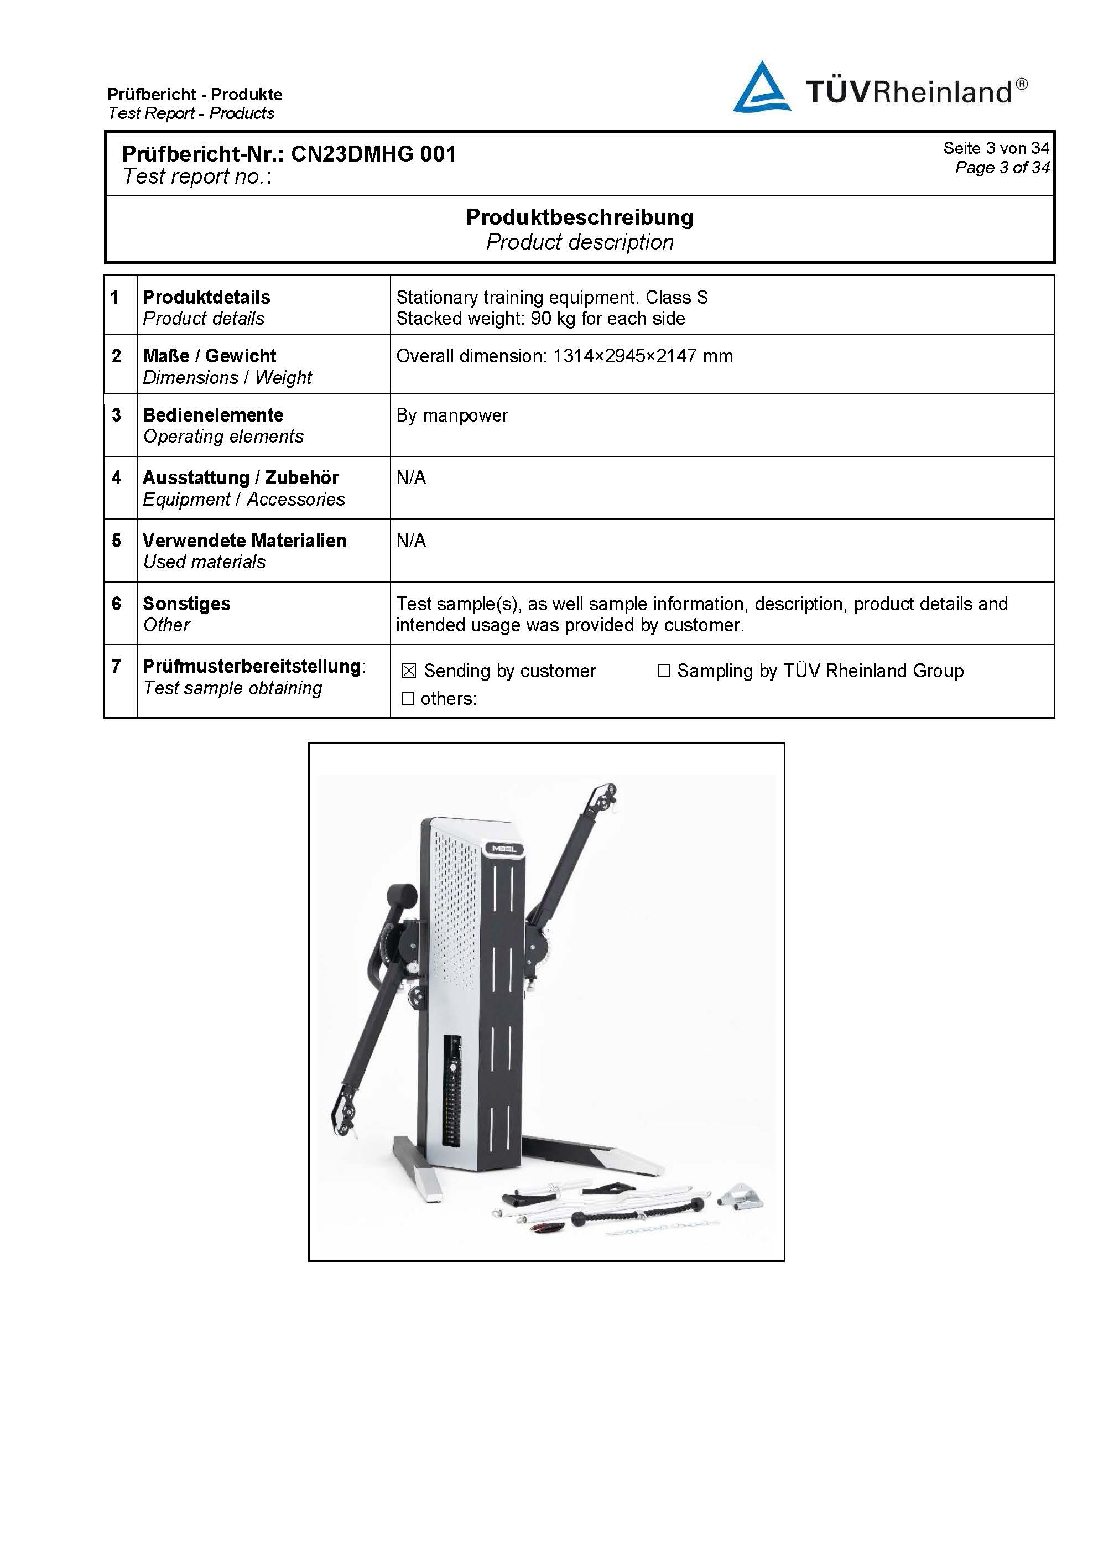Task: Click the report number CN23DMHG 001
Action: pos(373,154)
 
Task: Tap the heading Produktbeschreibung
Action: pos(580,217)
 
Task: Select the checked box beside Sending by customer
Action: pos(409,671)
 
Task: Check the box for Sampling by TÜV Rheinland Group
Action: pos(664,671)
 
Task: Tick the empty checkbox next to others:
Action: pos(408,698)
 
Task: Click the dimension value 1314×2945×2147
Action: pos(624,356)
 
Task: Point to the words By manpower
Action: pos(452,415)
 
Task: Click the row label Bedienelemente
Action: pos(213,414)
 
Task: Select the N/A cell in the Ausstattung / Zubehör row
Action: pos(411,477)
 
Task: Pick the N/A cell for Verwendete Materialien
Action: pos(411,541)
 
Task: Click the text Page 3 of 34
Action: pos(1002,167)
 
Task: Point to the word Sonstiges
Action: pos(186,604)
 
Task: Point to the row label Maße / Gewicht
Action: pos(210,356)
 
